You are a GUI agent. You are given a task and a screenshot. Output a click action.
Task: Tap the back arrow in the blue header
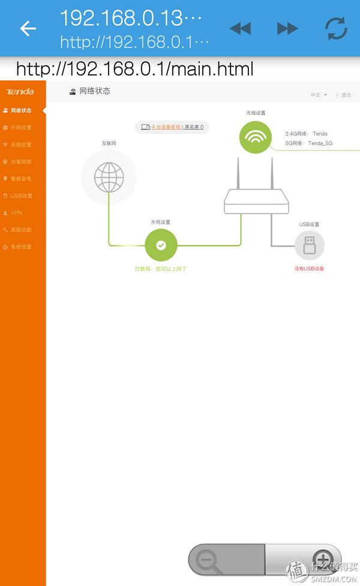pyautogui.click(x=28, y=28)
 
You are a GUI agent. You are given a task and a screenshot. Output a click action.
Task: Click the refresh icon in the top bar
pyautogui.click(x=335, y=28)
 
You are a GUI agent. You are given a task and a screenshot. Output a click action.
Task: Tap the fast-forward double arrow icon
pyautogui.click(x=287, y=28)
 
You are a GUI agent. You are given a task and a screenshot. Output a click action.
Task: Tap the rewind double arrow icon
pyautogui.click(x=240, y=28)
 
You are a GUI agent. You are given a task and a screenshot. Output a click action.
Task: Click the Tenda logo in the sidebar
pyautogui.click(x=20, y=92)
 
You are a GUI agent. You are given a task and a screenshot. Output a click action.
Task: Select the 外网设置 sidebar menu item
pyautogui.click(x=20, y=127)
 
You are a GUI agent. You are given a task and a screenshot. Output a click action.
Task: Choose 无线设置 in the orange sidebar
pyautogui.click(x=20, y=145)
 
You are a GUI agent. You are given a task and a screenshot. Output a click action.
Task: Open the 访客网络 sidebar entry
pyautogui.click(x=20, y=161)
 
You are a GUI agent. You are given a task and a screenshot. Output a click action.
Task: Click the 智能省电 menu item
pyautogui.click(x=20, y=179)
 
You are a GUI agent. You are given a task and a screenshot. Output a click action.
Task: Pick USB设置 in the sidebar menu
pyautogui.click(x=20, y=196)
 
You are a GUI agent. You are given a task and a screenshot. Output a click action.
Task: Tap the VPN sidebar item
pyautogui.click(x=16, y=213)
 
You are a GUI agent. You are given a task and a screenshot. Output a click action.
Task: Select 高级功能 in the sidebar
pyautogui.click(x=20, y=230)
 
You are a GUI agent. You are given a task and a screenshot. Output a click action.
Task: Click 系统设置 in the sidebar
pyautogui.click(x=20, y=247)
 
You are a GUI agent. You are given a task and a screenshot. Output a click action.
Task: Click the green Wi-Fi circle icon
pyautogui.click(x=256, y=137)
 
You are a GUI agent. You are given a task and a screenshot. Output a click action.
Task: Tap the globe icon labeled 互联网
pyautogui.click(x=109, y=177)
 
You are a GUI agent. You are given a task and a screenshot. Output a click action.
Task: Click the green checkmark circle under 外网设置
pyautogui.click(x=161, y=245)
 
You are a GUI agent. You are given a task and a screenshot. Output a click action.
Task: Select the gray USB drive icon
pyautogui.click(x=309, y=245)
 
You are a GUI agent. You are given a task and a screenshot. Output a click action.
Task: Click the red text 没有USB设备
pyautogui.click(x=309, y=269)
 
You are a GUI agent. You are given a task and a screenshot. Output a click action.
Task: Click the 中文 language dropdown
pyautogui.click(x=319, y=95)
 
